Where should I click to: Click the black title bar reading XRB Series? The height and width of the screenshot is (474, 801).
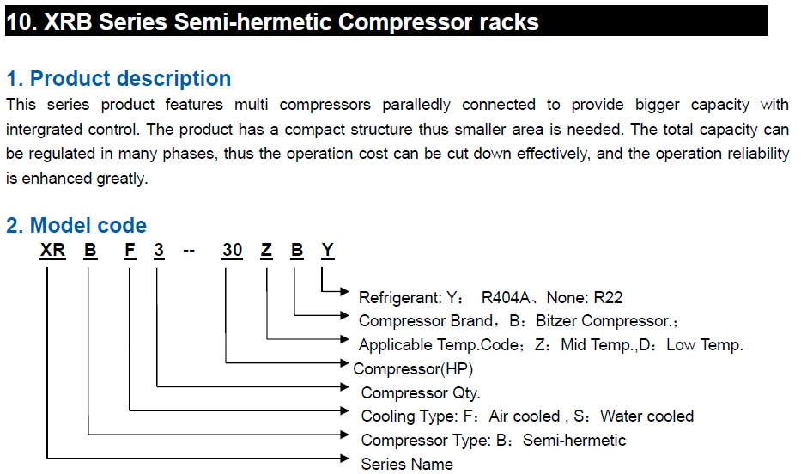[x=386, y=21]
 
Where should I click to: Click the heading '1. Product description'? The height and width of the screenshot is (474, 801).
[x=118, y=79]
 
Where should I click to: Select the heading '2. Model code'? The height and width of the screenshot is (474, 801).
[x=76, y=226]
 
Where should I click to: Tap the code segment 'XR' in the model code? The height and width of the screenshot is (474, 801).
[x=53, y=251]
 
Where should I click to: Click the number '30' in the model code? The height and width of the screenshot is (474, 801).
[x=232, y=251]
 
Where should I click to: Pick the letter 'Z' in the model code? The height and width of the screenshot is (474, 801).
[x=267, y=251]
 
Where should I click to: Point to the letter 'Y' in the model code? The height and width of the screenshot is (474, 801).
[x=327, y=251]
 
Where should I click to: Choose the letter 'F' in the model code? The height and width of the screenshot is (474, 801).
[x=130, y=251]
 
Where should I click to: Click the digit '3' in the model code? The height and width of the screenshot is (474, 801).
[x=159, y=251]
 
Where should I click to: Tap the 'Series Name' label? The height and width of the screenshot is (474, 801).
[x=407, y=464]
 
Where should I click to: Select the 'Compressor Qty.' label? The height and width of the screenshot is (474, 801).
[x=421, y=393]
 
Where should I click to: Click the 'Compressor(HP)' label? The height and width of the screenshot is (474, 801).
[x=413, y=369]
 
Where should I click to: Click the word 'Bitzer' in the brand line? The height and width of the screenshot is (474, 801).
[x=557, y=321]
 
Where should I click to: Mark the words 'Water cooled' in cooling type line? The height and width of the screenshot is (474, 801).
[x=646, y=416]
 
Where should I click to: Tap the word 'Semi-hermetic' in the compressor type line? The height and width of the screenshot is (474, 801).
[x=574, y=441]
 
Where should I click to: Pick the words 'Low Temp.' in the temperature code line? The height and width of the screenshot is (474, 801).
[x=704, y=345]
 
